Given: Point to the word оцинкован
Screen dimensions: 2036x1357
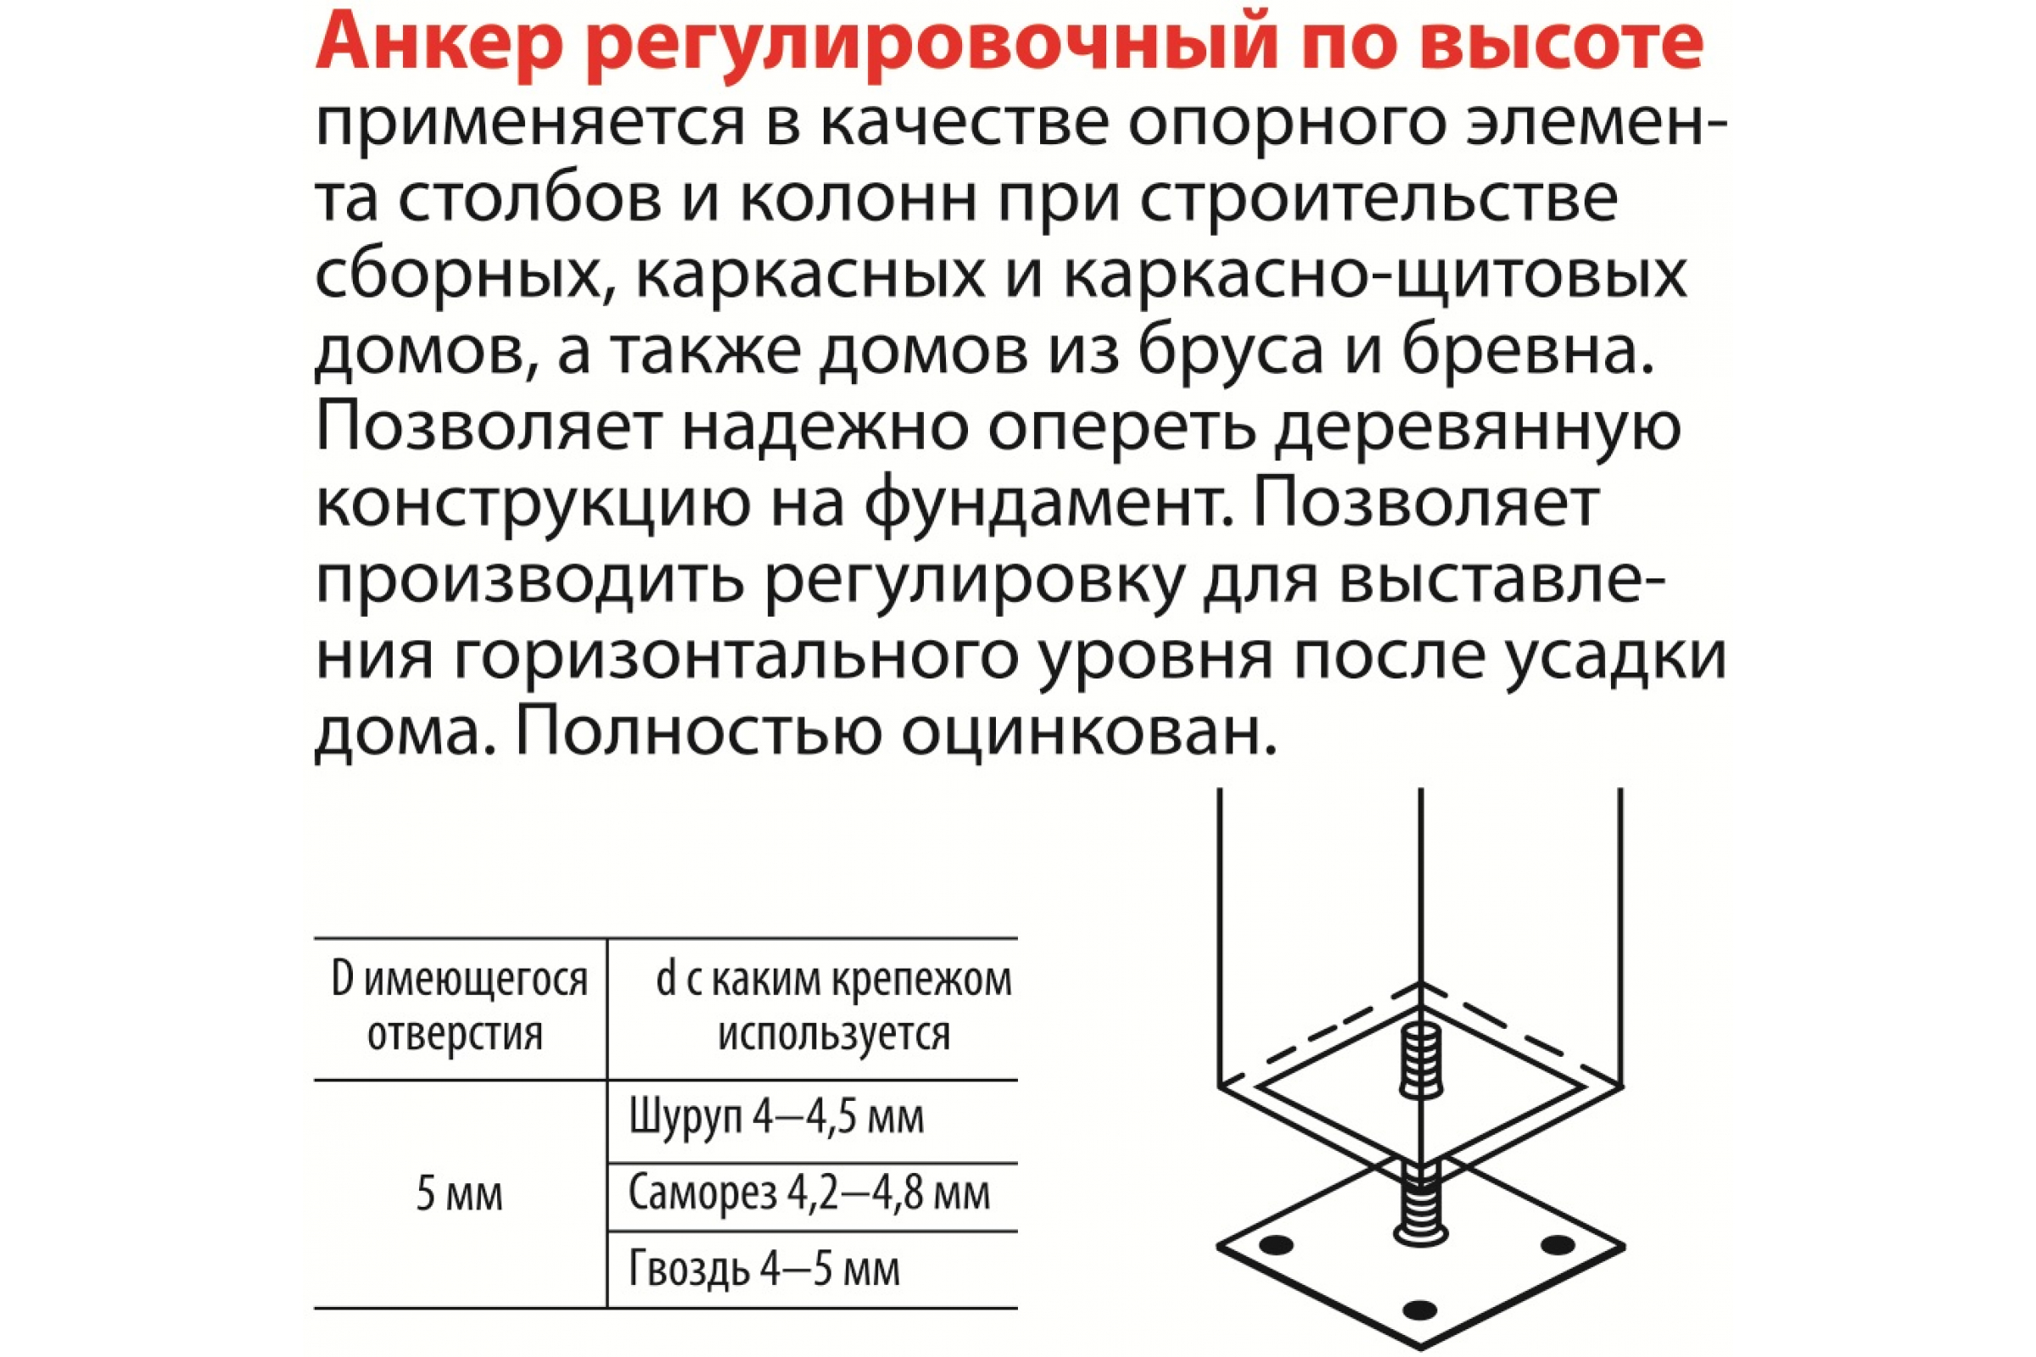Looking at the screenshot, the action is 1089,734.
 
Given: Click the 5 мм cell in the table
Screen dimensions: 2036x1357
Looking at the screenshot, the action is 460,1195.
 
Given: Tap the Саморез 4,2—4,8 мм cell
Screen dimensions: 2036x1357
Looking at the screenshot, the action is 809,1194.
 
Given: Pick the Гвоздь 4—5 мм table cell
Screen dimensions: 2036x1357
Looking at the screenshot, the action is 764,1270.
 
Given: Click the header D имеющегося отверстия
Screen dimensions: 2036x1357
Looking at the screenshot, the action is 460,1008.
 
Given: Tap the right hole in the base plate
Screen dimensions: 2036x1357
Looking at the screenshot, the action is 1558,1244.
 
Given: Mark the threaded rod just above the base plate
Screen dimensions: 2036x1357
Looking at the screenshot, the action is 1419,1203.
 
